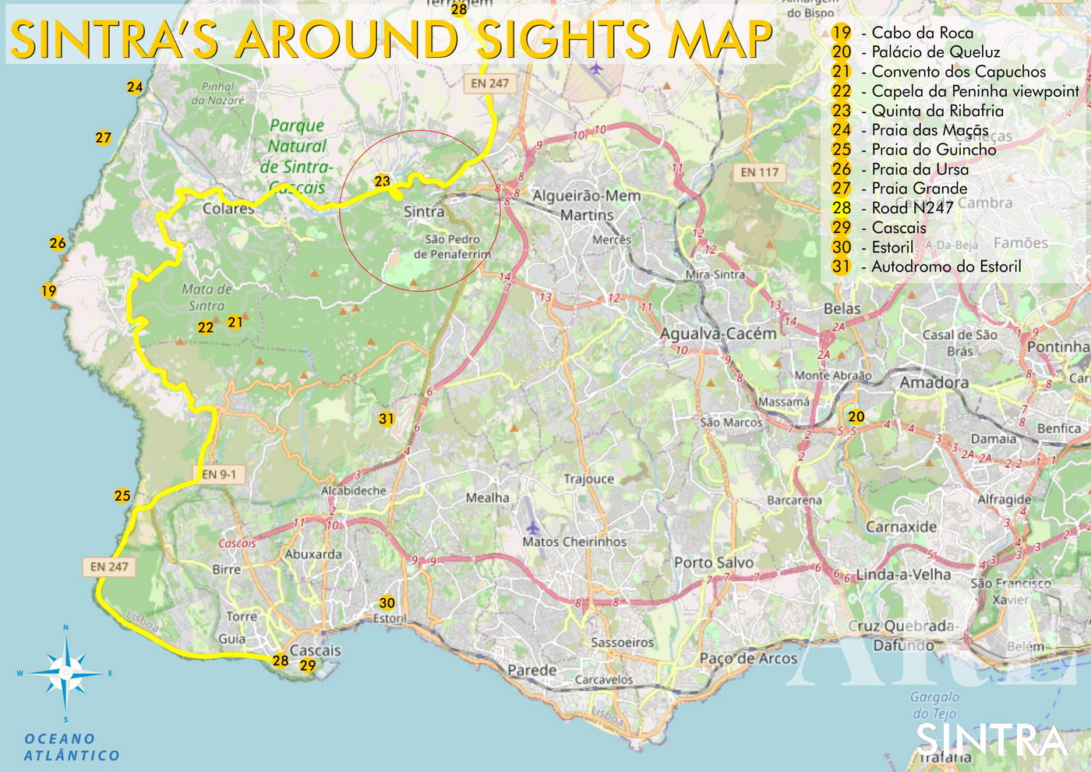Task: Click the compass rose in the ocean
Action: (x=66, y=673)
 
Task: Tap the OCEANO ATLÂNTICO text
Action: (x=71, y=747)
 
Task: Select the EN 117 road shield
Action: (x=759, y=172)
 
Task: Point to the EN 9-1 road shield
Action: (x=218, y=474)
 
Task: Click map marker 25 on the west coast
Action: (x=122, y=496)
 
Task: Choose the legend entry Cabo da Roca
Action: (x=922, y=33)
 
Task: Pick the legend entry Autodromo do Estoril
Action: (x=945, y=267)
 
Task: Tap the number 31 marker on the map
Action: (x=387, y=419)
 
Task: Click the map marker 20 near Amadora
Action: (x=856, y=416)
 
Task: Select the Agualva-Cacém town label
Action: (x=718, y=334)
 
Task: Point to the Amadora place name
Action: (x=934, y=382)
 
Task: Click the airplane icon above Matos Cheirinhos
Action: (x=532, y=527)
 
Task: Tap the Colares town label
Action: (x=228, y=209)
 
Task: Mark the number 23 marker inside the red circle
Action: (x=382, y=181)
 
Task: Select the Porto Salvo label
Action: (x=713, y=562)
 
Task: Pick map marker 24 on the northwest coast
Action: (x=135, y=87)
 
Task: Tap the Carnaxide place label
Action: (x=902, y=526)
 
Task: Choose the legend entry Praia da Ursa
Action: (x=920, y=169)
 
